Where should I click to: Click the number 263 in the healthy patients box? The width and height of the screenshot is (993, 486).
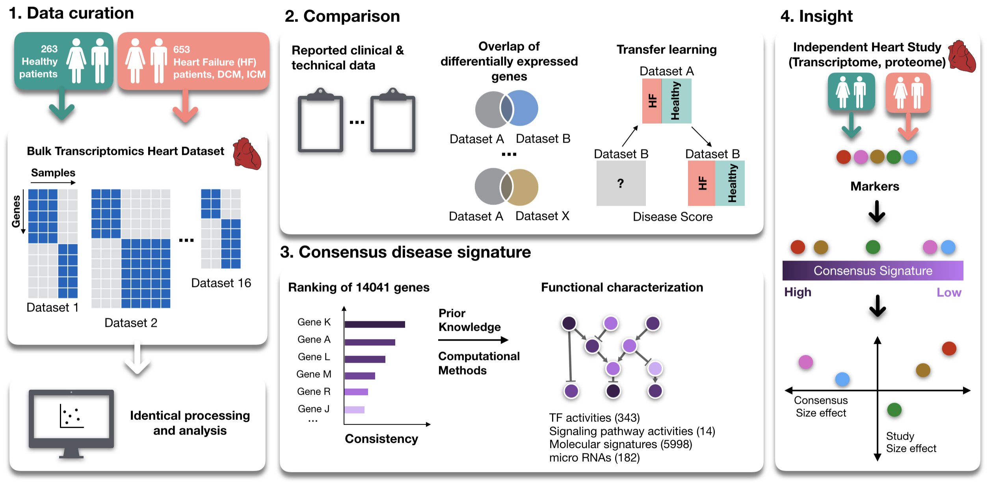point(49,49)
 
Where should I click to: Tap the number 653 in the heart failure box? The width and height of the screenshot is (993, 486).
point(182,49)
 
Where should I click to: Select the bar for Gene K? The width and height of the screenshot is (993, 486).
point(375,324)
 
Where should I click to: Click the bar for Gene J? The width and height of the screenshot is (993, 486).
point(354,410)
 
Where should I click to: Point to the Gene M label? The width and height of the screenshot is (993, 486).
point(314,374)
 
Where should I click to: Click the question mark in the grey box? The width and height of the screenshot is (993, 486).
point(621,183)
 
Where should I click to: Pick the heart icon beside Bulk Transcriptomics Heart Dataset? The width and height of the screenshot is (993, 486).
point(247,153)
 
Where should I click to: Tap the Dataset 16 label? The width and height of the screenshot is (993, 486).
point(221,283)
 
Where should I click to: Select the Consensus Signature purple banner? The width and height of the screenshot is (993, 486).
point(873,270)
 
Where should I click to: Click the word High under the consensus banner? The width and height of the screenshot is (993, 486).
point(798,292)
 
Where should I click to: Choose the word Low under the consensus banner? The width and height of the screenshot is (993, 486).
point(949,292)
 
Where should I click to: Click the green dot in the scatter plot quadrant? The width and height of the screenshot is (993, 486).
point(894,410)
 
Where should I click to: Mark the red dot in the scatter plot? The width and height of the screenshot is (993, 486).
point(949,348)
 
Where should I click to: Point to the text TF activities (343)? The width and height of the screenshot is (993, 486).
point(595,418)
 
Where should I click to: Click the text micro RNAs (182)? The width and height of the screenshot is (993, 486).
point(595,458)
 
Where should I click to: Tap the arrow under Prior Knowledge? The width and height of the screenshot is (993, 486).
point(473,340)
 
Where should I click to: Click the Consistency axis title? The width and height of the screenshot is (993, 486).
point(381,439)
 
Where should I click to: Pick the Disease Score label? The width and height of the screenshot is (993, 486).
point(673,217)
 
